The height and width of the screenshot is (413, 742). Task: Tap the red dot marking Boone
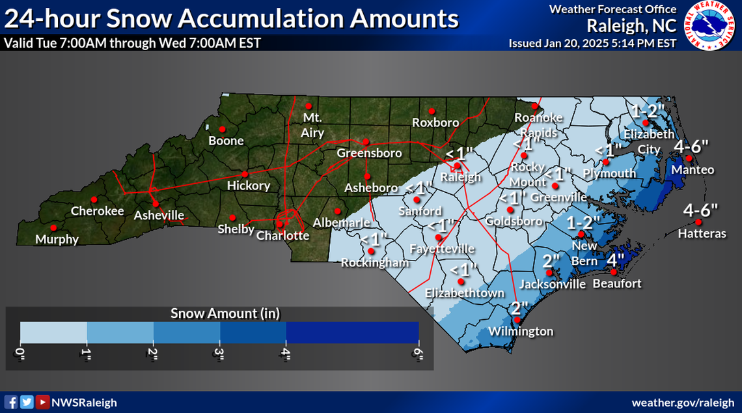222,128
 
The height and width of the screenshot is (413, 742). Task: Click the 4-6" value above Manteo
691,146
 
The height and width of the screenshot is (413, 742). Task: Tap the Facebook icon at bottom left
10,402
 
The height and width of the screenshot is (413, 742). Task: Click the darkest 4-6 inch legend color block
351,332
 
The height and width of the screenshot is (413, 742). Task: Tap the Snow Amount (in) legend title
225,313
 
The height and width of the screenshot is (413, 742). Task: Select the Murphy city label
57,239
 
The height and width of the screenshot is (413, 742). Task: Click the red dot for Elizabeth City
646,122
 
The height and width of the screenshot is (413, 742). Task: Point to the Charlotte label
283,236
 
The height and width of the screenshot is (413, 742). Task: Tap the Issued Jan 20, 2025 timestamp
592,44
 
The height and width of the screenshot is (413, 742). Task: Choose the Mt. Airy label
312,126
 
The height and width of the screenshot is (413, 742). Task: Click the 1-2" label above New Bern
583,221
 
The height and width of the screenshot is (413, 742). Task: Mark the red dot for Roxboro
431,111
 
